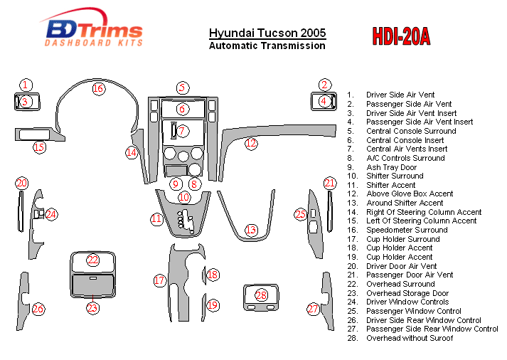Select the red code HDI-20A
[x=401, y=36]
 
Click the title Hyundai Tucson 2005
[x=267, y=33]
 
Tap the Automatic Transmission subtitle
[x=267, y=46]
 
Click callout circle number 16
[x=97, y=89]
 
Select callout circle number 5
[x=183, y=88]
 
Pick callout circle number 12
[x=251, y=144]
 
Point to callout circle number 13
[x=251, y=230]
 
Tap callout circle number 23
[x=92, y=308]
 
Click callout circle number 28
[x=262, y=295]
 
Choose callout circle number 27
[x=313, y=309]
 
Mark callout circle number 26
[x=38, y=309]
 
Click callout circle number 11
[x=156, y=219]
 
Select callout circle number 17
[x=160, y=280]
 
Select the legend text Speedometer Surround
[x=407, y=230]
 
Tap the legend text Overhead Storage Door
[x=407, y=293]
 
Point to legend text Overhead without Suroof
[x=410, y=338]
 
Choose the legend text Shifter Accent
[x=391, y=185]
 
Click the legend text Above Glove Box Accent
[x=410, y=194]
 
